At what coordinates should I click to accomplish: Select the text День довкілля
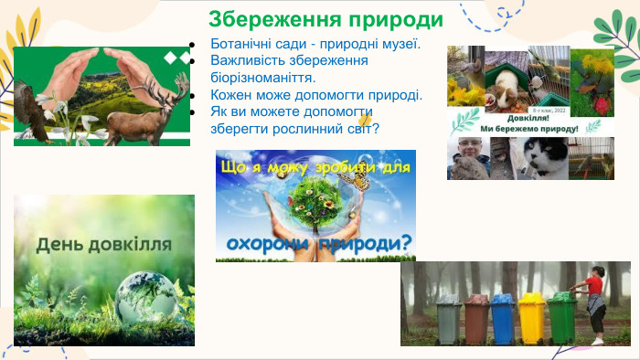click(103, 244)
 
